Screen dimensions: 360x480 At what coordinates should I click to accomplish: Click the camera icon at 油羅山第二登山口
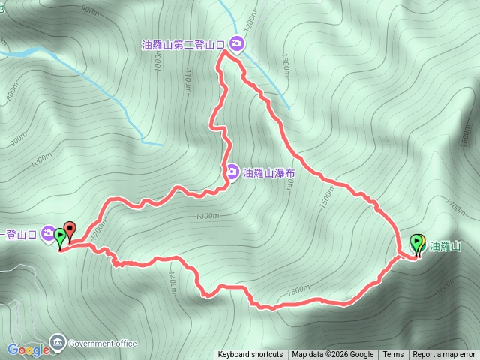pos(237,45)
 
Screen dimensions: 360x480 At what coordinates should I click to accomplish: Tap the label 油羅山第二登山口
pos(184,45)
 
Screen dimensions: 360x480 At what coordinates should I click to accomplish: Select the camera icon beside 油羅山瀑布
pos(233,173)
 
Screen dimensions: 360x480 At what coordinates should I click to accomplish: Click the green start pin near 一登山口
pos(60,238)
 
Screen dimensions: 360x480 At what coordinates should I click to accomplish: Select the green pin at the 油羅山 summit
pos(417,244)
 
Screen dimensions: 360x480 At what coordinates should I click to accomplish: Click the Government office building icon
pos(57,343)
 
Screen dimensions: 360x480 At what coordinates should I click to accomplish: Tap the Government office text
pos(103,343)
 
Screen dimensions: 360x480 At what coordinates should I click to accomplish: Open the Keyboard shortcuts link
pos(250,355)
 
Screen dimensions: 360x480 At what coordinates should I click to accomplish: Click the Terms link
pos(393,355)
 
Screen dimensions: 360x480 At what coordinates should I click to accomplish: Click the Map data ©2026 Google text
pos(333,355)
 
